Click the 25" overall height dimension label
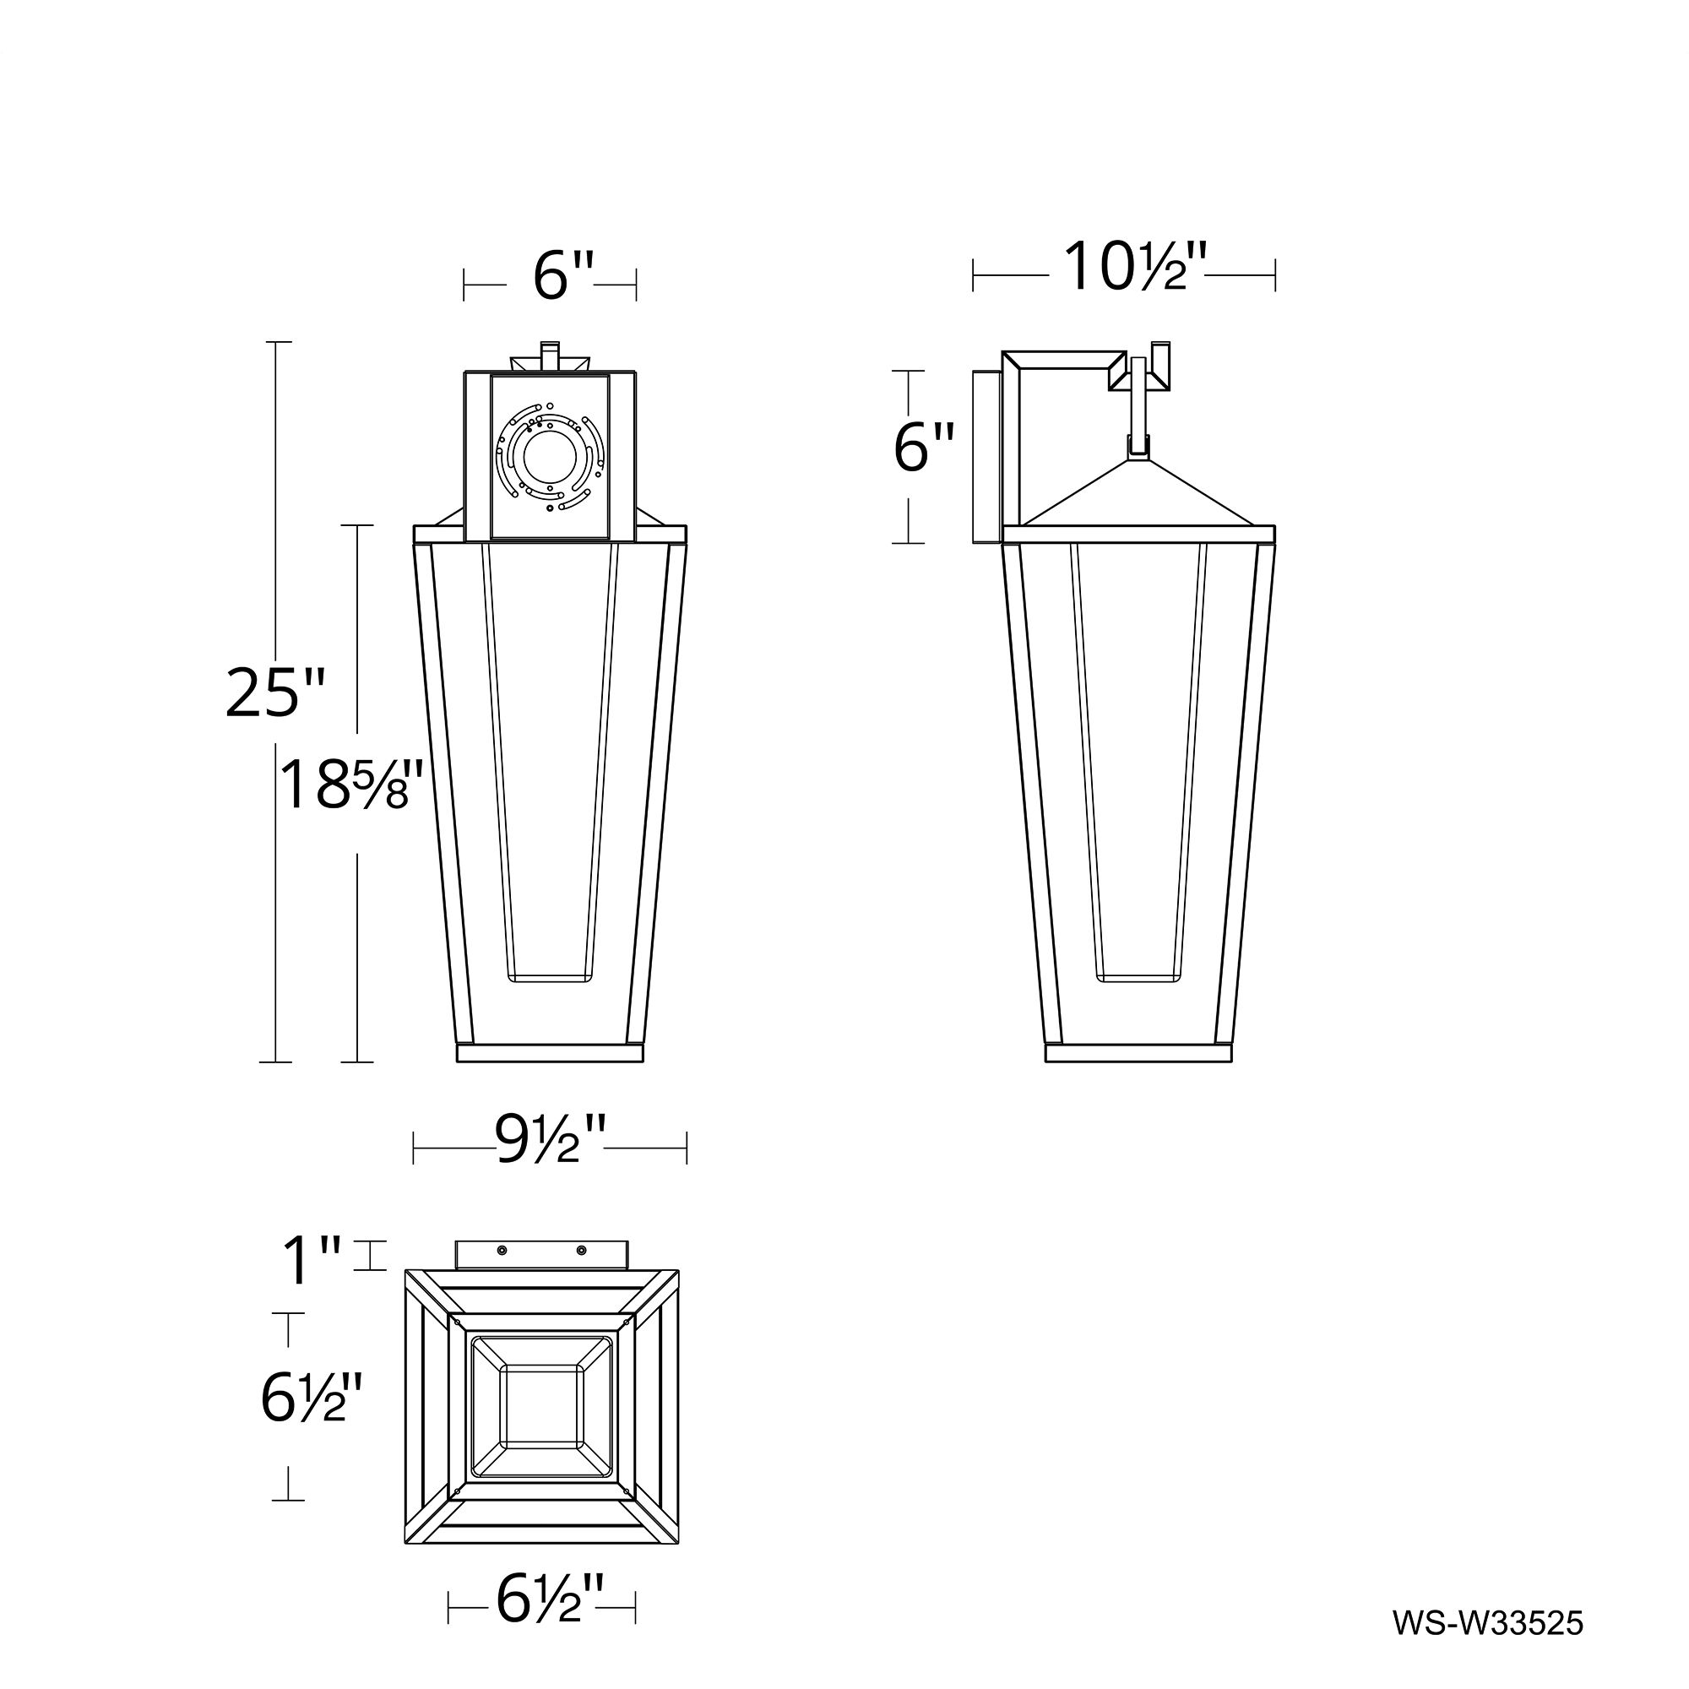click(274, 692)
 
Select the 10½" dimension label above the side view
click(1134, 267)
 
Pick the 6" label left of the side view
click(924, 447)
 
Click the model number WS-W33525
click(1487, 1623)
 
